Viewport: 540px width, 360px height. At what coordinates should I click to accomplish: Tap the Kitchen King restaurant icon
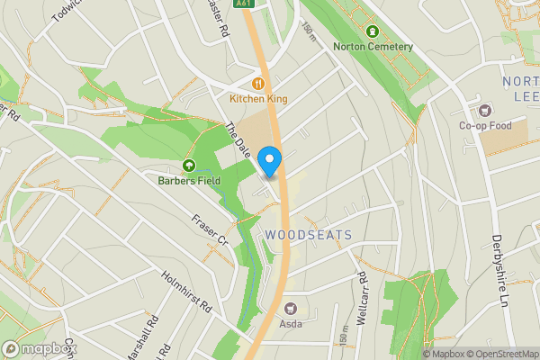tap(257, 85)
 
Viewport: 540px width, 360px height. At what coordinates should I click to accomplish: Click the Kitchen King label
tap(258, 99)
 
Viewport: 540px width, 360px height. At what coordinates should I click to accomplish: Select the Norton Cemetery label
tap(373, 47)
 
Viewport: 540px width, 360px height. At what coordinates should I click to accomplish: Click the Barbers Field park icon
tap(189, 166)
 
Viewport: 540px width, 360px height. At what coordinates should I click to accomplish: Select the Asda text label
tap(291, 322)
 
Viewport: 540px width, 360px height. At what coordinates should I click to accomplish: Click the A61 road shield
tap(243, 4)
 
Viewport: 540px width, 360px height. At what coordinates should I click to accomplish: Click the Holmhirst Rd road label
tap(187, 292)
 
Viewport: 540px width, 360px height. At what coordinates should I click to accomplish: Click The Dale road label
tap(236, 141)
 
